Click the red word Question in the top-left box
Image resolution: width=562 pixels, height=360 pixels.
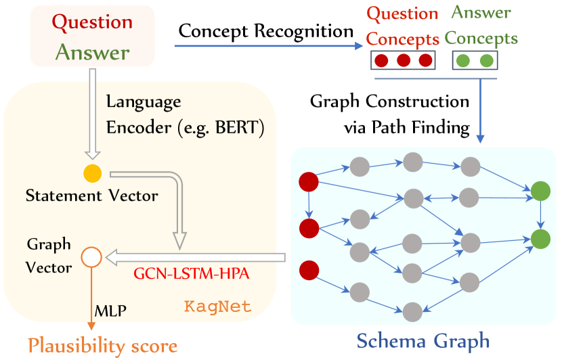93,22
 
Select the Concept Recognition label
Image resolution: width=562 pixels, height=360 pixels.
266,31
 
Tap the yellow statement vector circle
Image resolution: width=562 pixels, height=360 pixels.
92,173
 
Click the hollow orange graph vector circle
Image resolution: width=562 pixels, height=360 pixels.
91,257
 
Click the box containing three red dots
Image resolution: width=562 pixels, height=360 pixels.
403,61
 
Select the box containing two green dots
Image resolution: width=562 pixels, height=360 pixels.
474,61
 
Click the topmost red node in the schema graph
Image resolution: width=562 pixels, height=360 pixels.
309,181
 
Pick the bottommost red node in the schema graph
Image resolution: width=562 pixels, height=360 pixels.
309,269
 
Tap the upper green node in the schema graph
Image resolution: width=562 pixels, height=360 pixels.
540,191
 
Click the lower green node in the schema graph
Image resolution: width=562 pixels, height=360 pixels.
540,238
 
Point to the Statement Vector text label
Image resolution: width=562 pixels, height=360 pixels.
92,197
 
